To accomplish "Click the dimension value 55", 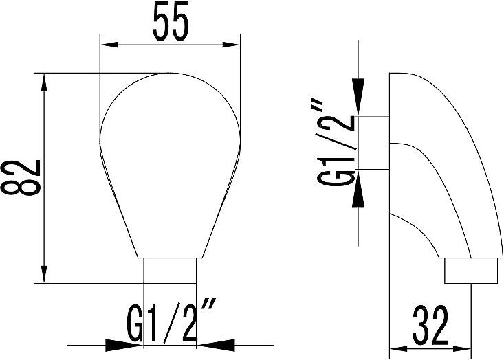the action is (x=171, y=21).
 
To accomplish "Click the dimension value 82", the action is (x=21, y=177).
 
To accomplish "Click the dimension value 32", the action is (x=430, y=325).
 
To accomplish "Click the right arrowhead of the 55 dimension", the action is (x=232, y=45).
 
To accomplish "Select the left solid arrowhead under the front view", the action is (x=124, y=346).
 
